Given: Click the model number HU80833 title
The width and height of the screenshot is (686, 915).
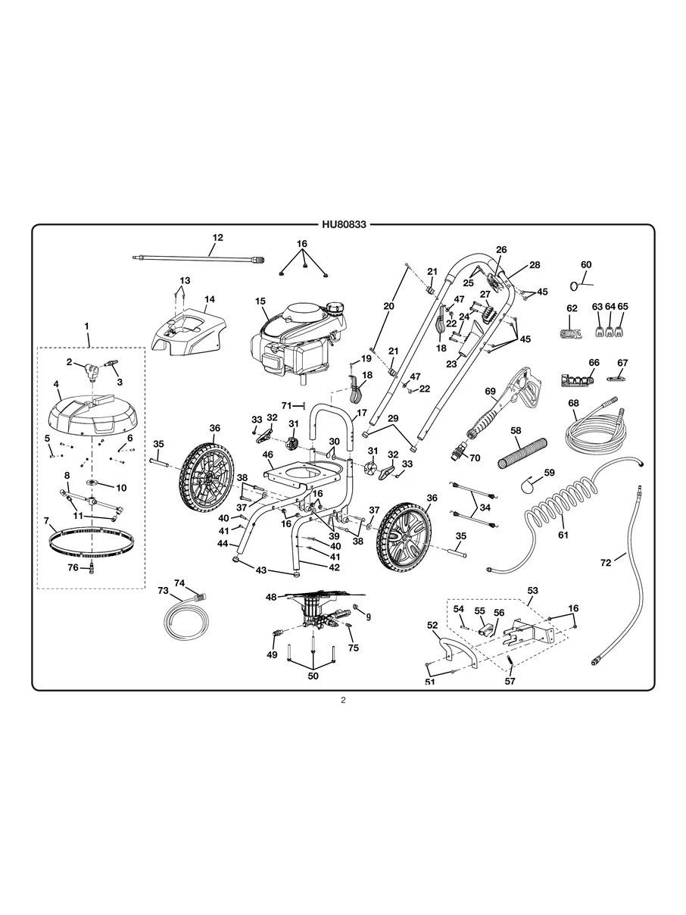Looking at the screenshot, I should pos(343,225).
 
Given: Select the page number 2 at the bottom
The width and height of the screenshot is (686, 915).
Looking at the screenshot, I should pos(343,701).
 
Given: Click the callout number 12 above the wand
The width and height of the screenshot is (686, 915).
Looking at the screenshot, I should pos(218,238).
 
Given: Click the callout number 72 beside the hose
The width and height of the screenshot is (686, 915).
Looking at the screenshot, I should pos(605,563).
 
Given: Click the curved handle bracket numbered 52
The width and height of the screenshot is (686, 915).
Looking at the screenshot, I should pos(457,651).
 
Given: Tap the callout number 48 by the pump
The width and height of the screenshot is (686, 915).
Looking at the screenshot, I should pos(271,597).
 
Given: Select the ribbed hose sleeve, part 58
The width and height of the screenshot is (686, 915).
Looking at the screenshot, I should pos(519,452).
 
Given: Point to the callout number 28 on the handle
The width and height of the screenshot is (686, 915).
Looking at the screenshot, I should pos(535,265).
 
